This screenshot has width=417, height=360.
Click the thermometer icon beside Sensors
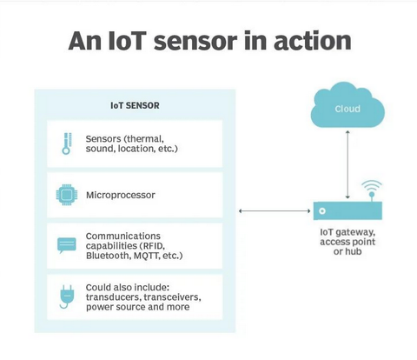point(67,143)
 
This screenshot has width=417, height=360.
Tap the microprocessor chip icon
point(67,195)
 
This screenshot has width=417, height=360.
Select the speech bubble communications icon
point(67,245)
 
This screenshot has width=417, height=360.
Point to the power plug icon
point(67,297)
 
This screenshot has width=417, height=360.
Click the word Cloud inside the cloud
point(347,109)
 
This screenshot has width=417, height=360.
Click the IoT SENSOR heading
point(135,105)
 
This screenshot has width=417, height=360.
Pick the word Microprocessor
point(121,195)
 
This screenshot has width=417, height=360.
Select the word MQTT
point(144,256)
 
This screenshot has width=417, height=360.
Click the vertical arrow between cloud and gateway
point(347,164)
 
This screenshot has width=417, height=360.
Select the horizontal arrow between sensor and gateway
point(275,211)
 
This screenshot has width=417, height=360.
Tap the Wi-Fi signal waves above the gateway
point(372,185)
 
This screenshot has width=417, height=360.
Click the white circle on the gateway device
point(322,210)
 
